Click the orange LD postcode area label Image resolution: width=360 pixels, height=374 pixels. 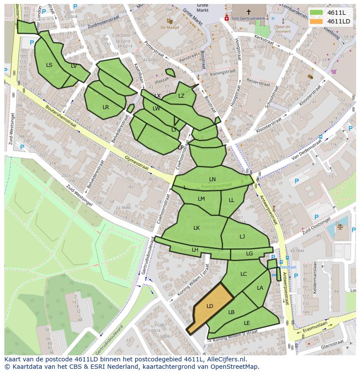[x=210, y=306]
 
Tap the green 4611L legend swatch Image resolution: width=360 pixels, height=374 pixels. [x=316, y=13]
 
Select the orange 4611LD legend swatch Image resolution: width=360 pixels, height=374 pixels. [x=316, y=21]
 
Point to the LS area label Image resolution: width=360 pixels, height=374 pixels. [x=49, y=65]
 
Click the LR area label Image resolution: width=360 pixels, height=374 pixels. [x=106, y=107]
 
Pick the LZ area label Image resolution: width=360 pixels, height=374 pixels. [x=181, y=96]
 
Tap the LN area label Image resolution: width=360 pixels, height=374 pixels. [x=212, y=179]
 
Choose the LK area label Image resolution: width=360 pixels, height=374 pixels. [x=197, y=228]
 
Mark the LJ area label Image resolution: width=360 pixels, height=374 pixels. [x=242, y=236]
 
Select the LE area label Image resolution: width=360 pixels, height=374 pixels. [x=247, y=323]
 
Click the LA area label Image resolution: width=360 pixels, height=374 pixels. [x=260, y=288]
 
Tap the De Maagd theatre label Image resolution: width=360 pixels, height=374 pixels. [x=169, y=27]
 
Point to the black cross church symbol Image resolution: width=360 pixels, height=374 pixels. [x=249, y=12]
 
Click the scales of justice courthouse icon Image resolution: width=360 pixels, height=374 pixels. [x=340, y=225]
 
